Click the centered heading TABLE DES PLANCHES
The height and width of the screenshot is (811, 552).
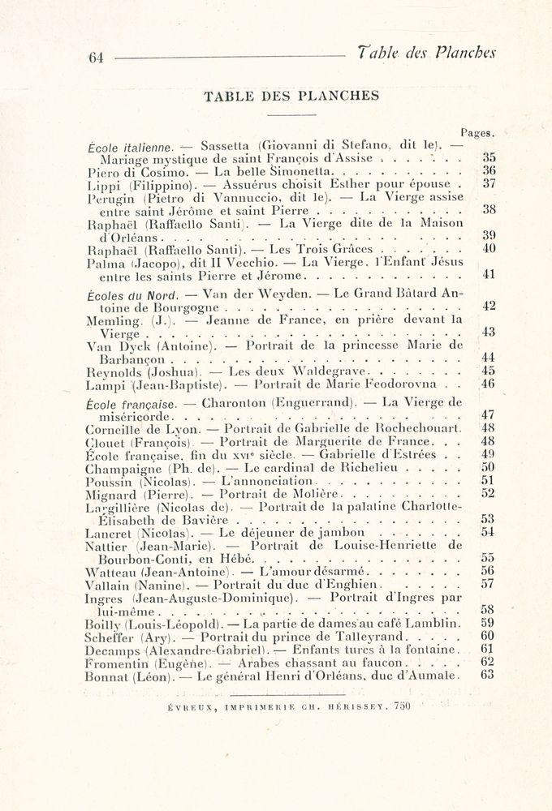click(291, 96)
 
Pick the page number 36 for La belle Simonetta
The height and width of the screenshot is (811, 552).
click(489, 171)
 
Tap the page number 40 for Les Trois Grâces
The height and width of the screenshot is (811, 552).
click(489, 248)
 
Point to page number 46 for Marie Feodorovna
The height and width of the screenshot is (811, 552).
click(489, 384)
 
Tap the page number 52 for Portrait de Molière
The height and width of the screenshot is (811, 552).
click(489, 492)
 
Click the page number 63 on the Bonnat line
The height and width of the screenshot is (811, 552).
click(489, 674)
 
